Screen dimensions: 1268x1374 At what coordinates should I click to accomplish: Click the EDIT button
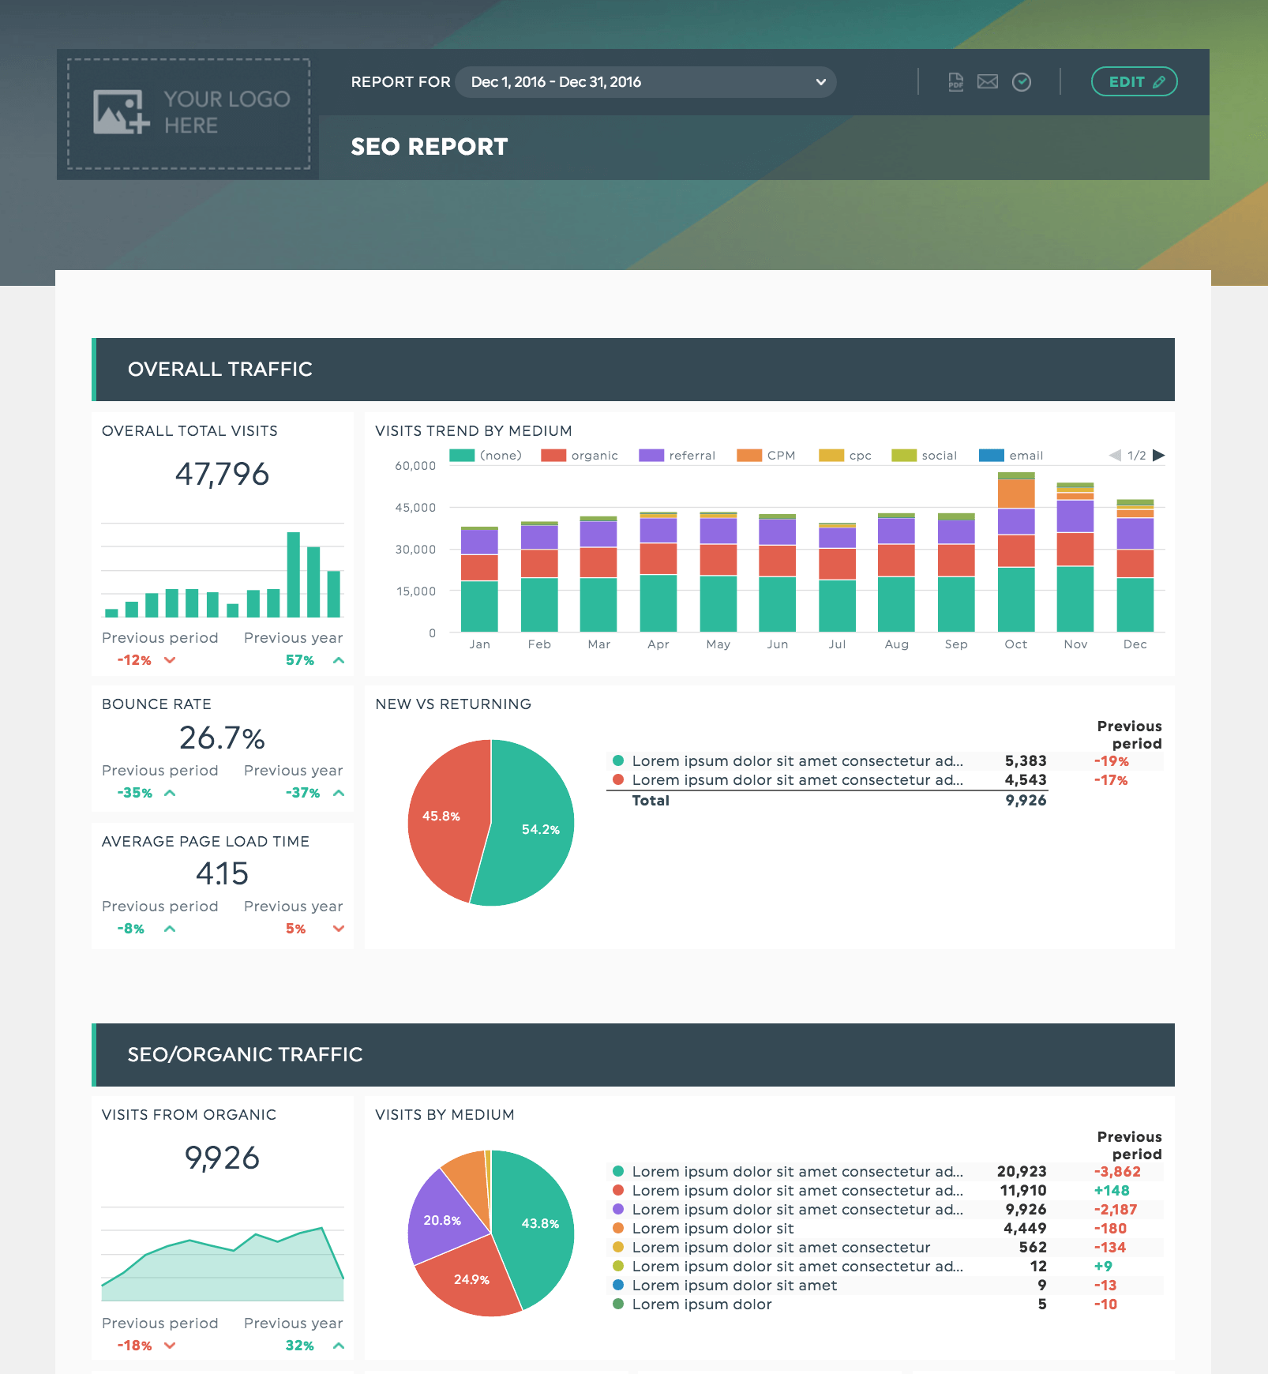click(1134, 81)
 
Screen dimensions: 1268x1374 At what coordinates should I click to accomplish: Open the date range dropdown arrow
click(821, 82)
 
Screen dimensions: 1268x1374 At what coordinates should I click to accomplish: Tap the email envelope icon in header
click(988, 81)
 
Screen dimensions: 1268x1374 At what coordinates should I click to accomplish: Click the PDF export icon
click(955, 81)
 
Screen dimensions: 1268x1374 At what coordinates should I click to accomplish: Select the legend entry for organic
click(580, 456)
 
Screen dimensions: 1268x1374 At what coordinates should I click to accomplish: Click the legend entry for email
click(1011, 456)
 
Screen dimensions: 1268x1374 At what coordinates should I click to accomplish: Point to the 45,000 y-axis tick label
click(415, 508)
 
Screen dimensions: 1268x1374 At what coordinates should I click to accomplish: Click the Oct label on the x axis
click(1016, 644)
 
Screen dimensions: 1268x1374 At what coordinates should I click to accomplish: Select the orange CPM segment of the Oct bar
click(1016, 494)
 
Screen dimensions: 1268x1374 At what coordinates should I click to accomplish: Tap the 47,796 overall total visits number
click(222, 474)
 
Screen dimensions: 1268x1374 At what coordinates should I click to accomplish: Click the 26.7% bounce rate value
click(222, 738)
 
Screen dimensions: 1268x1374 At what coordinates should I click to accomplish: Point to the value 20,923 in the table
click(1022, 1172)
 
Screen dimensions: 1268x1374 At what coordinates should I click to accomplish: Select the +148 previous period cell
click(1112, 1191)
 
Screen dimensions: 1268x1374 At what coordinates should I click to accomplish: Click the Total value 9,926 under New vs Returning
click(1026, 801)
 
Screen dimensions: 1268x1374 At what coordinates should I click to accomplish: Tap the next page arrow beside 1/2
click(1159, 456)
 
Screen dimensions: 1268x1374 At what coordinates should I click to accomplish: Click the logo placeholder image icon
click(121, 111)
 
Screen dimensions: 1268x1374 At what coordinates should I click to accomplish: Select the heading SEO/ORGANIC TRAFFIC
click(246, 1055)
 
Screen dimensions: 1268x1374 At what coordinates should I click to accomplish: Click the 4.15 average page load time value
click(222, 873)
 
